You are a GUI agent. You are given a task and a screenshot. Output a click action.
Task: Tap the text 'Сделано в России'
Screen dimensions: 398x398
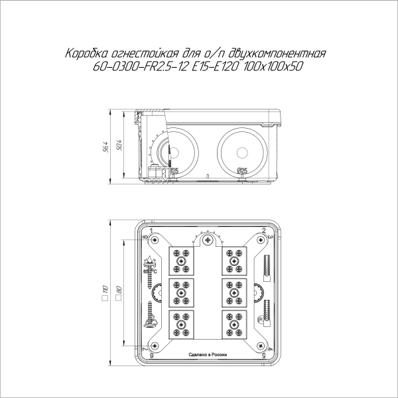tap(208, 355)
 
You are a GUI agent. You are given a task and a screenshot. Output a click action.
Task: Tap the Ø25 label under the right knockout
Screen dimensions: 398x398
tap(242, 171)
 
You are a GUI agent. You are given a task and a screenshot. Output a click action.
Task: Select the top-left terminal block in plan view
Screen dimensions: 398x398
tap(182, 260)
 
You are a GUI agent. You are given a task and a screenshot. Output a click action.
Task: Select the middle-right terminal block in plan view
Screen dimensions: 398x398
tap(234, 291)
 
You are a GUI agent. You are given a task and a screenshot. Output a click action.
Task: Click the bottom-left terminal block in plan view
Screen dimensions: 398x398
tap(182, 323)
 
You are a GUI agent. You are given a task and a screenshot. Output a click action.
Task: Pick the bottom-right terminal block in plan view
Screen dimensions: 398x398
tap(234, 323)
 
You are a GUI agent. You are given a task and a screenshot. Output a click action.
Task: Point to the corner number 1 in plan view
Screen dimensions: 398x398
tap(152, 230)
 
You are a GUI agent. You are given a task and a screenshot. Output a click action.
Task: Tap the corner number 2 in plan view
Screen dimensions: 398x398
tap(264, 230)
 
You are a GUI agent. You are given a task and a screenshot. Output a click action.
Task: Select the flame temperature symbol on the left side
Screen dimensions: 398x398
tap(150, 264)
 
